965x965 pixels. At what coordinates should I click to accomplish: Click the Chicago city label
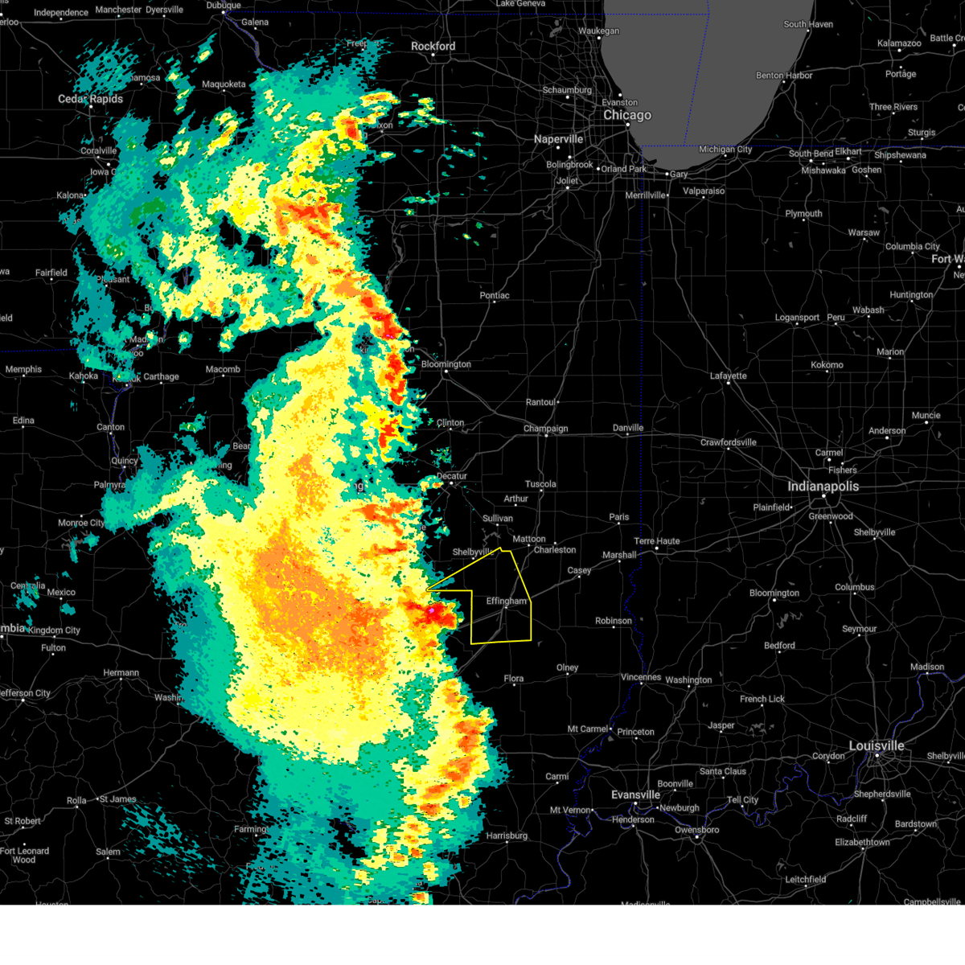point(627,115)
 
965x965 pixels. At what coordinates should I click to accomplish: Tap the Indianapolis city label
point(823,487)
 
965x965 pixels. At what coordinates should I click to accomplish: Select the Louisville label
point(877,746)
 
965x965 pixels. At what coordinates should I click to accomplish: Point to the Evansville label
point(635,795)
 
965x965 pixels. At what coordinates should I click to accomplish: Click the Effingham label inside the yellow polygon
point(507,601)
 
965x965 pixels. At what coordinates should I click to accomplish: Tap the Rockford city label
point(433,47)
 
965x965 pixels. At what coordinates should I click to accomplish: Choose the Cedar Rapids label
point(90,99)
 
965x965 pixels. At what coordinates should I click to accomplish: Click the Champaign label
point(545,429)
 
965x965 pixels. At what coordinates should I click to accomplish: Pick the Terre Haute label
point(656,541)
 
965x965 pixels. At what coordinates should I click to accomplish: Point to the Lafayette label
point(728,376)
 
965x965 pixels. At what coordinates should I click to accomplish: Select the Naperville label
point(558,139)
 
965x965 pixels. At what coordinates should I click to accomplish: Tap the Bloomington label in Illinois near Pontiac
point(446,364)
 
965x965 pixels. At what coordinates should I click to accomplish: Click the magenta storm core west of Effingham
point(432,611)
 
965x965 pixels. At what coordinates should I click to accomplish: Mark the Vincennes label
point(640,677)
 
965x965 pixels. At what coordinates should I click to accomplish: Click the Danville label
point(628,428)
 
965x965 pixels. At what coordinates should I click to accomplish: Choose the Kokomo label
point(827,364)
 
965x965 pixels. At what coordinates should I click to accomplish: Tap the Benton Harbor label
point(784,76)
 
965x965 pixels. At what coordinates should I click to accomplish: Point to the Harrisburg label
point(507,836)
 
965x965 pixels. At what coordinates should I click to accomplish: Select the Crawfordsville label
point(729,442)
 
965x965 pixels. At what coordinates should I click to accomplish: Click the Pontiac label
point(495,295)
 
